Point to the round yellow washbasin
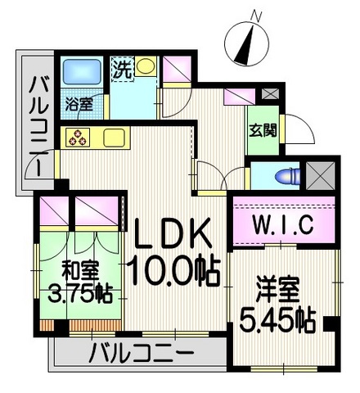point(146,66)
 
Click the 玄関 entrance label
point(263,129)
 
